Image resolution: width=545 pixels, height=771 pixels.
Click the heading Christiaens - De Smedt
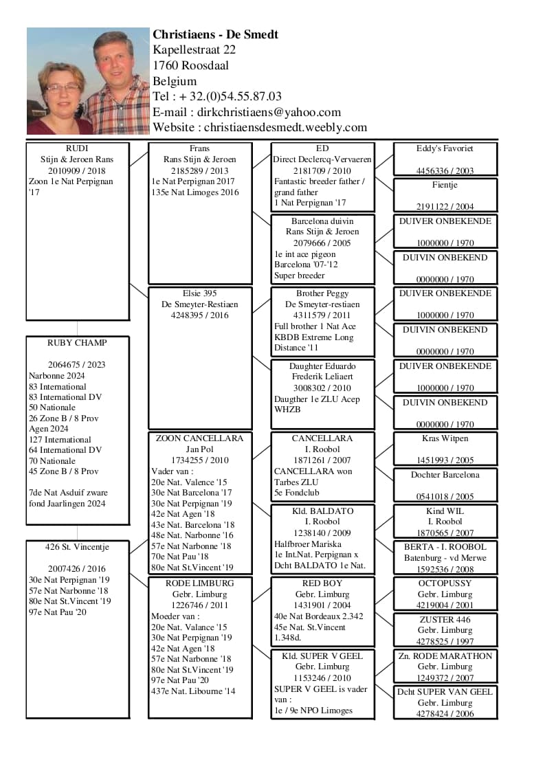point(215,34)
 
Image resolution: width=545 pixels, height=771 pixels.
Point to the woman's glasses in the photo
point(63,88)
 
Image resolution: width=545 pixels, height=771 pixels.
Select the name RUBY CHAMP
point(77,343)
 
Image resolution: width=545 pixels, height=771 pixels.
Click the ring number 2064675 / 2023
point(77,365)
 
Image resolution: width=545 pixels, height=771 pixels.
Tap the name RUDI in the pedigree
point(77,148)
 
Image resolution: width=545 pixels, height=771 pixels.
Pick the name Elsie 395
point(200,293)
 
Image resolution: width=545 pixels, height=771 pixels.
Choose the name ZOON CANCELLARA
point(200,438)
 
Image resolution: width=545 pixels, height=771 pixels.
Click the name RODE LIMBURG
point(200,583)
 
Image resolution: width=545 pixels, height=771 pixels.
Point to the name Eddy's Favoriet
point(445,148)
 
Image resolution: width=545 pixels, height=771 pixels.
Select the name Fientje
point(445,185)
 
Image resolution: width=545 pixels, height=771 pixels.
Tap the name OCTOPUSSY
point(445,583)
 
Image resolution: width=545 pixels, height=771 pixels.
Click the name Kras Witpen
point(445,438)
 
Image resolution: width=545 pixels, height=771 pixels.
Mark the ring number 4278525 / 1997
point(445,641)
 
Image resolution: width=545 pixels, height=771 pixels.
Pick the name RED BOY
point(322,583)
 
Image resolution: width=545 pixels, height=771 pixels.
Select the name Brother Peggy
point(322,293)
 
